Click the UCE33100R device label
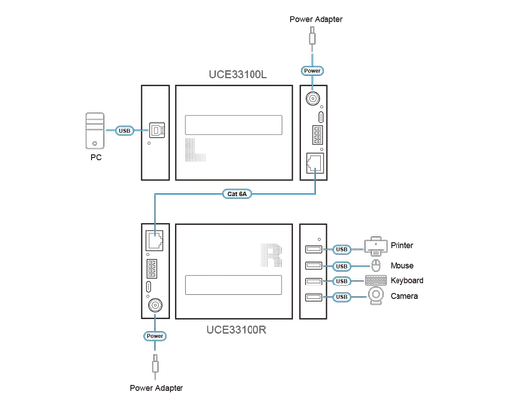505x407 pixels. [237, 329]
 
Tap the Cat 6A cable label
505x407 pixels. [238, 194]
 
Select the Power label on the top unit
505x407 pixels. [312, 72]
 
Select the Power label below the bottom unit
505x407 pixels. [155, 335]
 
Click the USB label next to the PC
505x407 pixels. [124, 130]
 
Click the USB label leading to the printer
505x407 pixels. [342, 249]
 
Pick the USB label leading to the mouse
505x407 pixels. [342, 265]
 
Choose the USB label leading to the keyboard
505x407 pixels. [342, 281]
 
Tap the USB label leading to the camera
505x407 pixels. [342, 296]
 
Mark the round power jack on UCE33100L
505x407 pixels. [313, 100]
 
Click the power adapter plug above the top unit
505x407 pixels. [313, 40]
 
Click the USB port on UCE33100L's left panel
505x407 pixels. [155, 129]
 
